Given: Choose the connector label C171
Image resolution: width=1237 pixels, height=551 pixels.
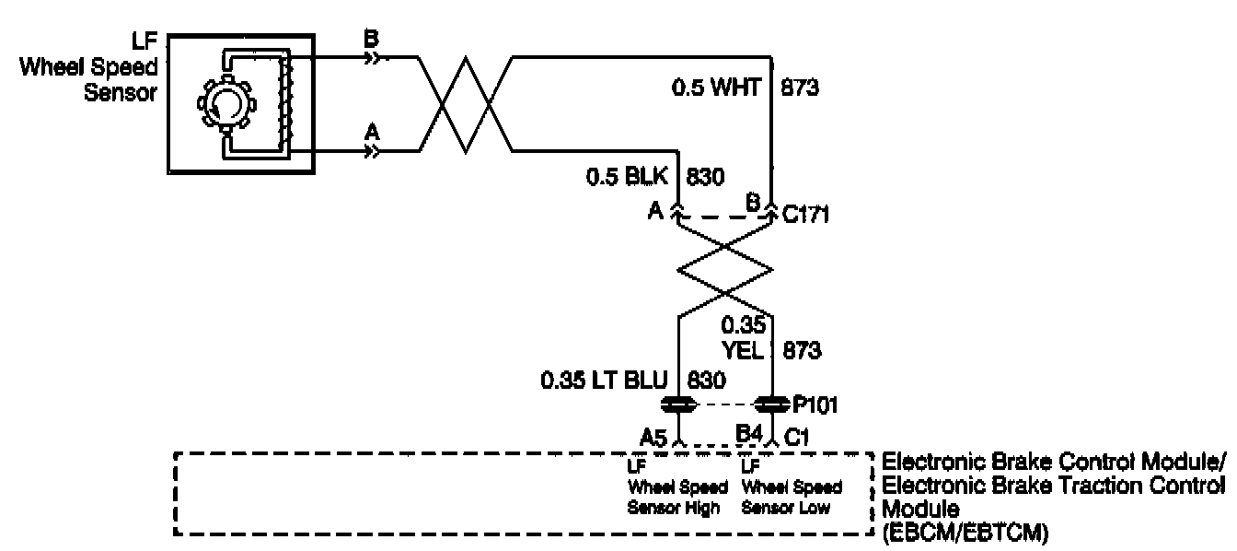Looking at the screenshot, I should pyautogui.click(x=806, y=215).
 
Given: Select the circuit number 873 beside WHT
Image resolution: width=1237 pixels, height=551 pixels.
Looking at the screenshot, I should pyautogui.click(x=800, y=88).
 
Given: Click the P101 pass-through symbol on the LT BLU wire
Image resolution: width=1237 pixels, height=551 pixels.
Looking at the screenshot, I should pyautogui.click(x=678, y=404).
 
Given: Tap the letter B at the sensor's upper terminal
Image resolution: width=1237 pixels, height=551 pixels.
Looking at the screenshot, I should pyautogui.click(x=372, y=41).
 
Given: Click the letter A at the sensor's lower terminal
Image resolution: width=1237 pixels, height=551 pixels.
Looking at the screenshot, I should pyautogui.click(x=372, y=132).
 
